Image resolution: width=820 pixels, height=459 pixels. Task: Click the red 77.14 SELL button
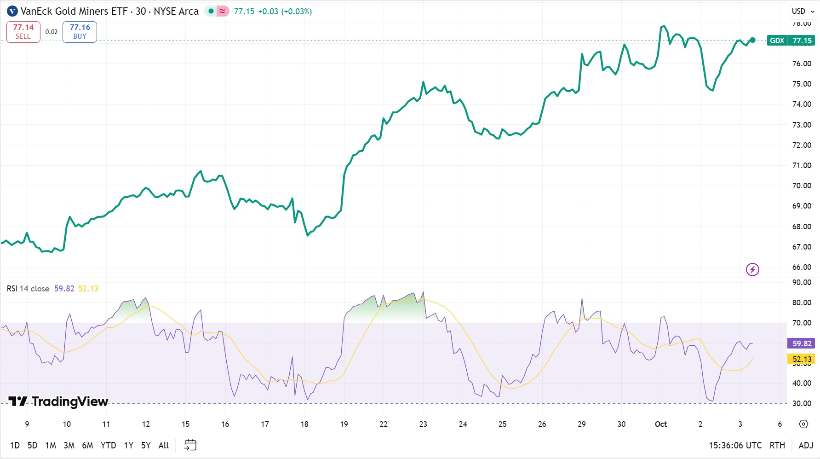coord(23,32)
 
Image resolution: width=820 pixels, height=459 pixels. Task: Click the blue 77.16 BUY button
coord(80,32)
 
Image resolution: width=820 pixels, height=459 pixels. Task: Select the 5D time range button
coord(32,445)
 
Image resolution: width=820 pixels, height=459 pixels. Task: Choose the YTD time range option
coord(108,445)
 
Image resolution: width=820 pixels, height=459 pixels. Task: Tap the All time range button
coord(163,445)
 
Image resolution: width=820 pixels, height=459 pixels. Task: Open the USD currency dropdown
coord(803,11)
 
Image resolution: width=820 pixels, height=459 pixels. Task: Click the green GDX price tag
coord(777,41)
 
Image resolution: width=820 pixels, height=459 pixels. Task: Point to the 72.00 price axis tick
coord(802,145)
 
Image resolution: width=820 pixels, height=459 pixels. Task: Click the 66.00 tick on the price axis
coord(802,267)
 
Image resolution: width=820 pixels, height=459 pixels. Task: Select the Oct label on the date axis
coord(661,424)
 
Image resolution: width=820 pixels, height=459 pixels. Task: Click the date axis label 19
coord(344,424)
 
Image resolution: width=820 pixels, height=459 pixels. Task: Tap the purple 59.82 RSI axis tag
coord(802,343)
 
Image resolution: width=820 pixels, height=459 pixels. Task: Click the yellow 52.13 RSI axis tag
coord(802,359)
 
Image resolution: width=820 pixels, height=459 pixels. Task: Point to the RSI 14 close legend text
coord(28,289)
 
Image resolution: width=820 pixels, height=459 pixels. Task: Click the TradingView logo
coord(58,401)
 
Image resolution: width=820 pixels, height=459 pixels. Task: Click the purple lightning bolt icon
coord(752,269)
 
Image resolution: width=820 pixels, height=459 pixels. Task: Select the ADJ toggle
coord(806,445)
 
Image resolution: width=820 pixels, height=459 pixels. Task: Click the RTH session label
coord(777,445)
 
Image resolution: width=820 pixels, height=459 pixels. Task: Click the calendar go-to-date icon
coord(190,445)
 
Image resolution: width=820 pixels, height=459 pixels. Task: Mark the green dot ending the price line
coord(752,40)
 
